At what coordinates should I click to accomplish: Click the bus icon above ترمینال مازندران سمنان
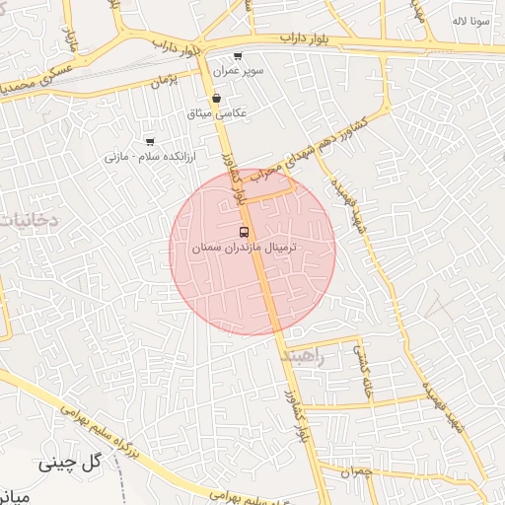point(244,231)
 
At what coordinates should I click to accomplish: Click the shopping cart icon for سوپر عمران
point(238,56)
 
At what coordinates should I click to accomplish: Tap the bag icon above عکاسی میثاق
point(216,98)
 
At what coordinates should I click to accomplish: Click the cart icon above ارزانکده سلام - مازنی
point(150,142)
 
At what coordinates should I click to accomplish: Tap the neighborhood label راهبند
point(302,356)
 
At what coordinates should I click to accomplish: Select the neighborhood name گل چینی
point(71,462)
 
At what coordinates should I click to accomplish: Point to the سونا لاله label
point(470,20)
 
